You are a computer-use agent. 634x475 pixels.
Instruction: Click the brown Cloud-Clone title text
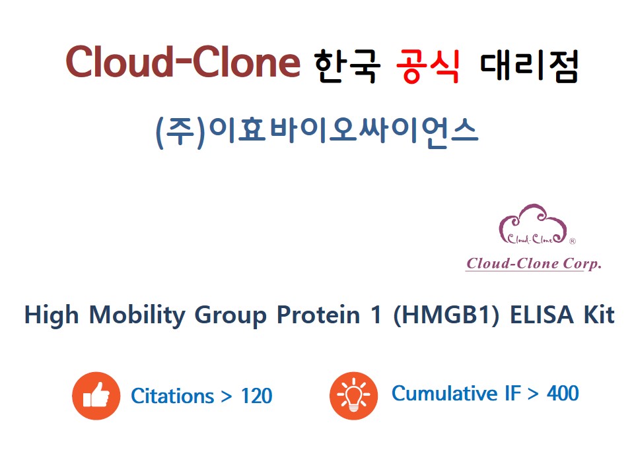point(183,62)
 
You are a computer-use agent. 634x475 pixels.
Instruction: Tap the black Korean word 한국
point(347,66)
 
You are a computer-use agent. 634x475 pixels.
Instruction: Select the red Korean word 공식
point(428,66)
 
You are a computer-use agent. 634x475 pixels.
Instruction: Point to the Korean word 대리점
point(529,66)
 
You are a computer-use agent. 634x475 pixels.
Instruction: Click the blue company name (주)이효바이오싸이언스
point(317,132)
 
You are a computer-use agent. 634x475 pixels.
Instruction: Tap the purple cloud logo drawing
point(533,224)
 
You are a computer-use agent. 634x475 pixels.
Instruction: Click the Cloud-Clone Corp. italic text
point(534,263)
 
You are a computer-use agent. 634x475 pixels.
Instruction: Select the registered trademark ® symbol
point(572,241)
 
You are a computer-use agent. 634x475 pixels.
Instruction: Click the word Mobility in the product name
point(137,315)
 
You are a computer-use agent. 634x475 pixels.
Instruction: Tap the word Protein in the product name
point(318,315)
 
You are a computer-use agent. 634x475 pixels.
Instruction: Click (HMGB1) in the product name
point(446,315)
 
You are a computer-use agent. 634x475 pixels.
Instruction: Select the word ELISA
point(542,315)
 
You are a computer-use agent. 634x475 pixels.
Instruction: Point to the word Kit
point(599,315)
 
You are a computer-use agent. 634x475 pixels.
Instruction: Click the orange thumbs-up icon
point(96,396)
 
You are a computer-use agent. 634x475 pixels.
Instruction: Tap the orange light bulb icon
point(354,396)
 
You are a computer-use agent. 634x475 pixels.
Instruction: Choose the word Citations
point(172,396)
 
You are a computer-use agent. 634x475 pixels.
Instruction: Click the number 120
point(257,396)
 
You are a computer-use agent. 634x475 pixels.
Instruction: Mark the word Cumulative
point(444,393)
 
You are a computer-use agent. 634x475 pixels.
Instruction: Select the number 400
point(563,393)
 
